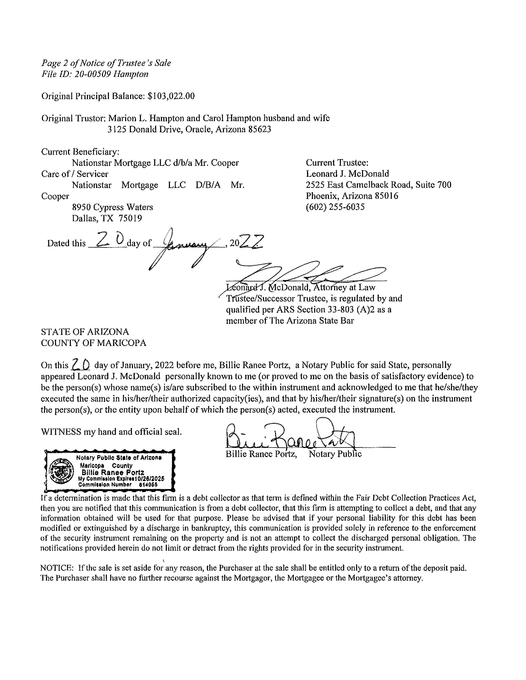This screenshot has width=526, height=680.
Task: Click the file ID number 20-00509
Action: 93,74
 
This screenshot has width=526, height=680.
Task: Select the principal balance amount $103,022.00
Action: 171,96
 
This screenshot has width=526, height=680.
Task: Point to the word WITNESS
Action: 61,432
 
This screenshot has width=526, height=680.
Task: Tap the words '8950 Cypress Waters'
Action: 112,207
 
